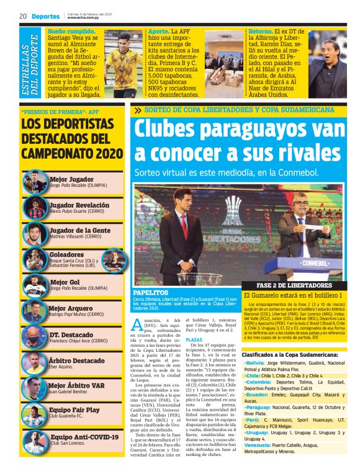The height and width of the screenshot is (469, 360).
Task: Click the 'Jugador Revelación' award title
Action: pos(79,204)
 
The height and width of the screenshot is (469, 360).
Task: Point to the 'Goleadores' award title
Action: pos(67,254)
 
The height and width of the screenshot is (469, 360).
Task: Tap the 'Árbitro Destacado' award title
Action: pos(78,360)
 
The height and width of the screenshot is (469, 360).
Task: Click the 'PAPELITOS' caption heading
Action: pos(151,292)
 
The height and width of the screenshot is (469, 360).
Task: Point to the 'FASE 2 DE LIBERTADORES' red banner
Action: pos(288,285)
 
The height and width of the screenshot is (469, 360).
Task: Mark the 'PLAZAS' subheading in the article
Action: pos(194,339)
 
